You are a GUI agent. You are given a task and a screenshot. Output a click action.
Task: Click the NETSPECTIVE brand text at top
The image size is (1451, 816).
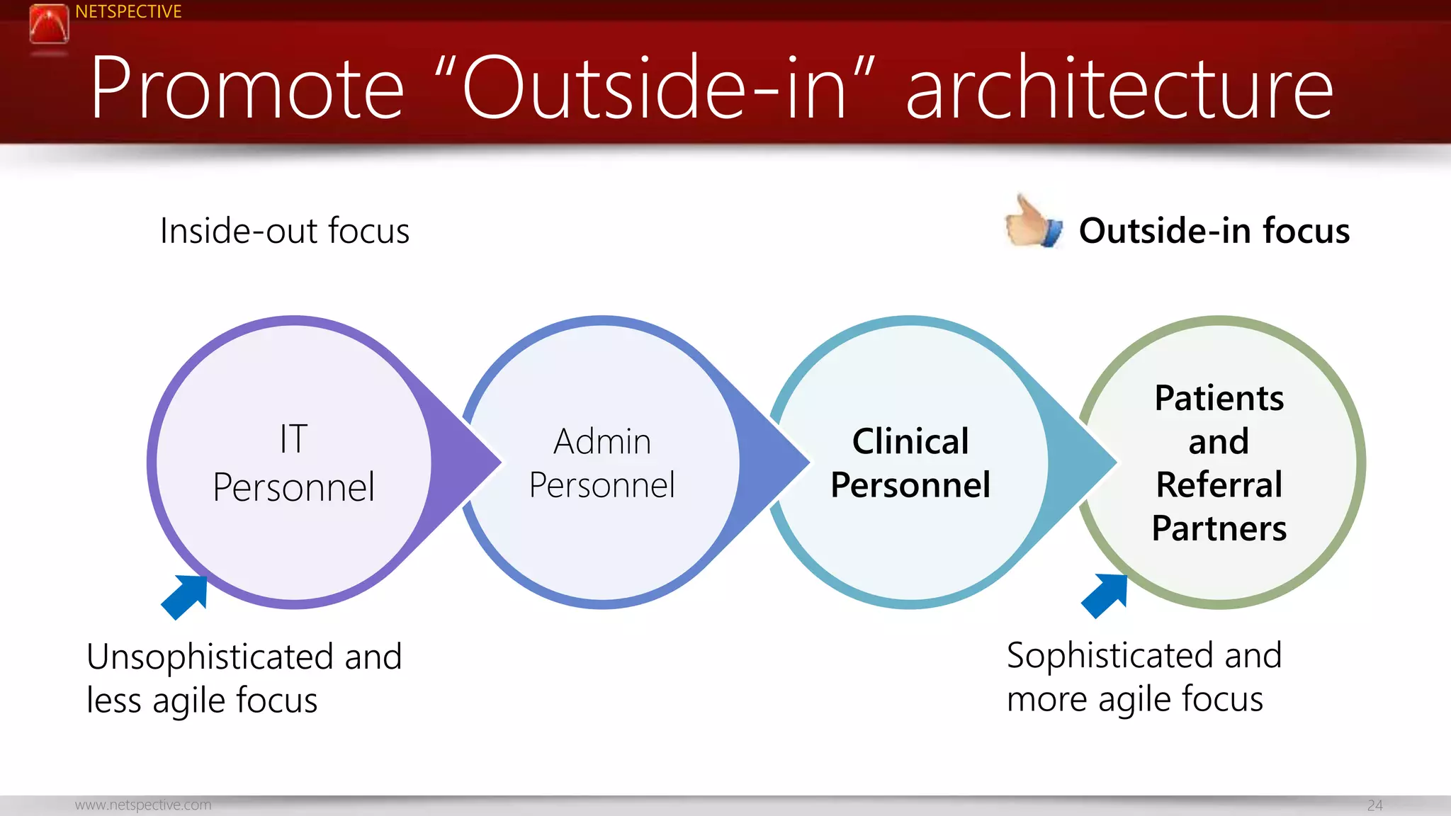[128, 11]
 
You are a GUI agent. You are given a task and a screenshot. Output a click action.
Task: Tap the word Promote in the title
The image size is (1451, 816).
[247, 89]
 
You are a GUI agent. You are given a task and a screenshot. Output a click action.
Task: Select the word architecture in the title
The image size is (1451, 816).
[1119, 89]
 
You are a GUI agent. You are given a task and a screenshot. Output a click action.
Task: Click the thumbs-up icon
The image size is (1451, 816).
[1033, 223]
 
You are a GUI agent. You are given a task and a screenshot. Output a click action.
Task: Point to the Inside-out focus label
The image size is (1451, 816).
[284, 231]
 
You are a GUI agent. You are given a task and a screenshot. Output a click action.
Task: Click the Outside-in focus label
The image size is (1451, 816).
[1214, 231]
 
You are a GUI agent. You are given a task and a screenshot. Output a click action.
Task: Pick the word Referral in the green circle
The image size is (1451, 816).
[1219, 485]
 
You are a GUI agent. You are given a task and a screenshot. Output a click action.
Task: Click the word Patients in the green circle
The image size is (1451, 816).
[1219, 398]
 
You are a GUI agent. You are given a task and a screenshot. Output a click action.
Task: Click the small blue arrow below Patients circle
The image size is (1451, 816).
[1106, 594]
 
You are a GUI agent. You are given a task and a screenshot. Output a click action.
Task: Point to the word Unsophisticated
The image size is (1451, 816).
[210, 657]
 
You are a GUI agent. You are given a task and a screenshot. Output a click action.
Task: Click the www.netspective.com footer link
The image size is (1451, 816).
[143, 805]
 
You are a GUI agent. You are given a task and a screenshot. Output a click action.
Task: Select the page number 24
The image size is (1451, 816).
[1374, 805]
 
